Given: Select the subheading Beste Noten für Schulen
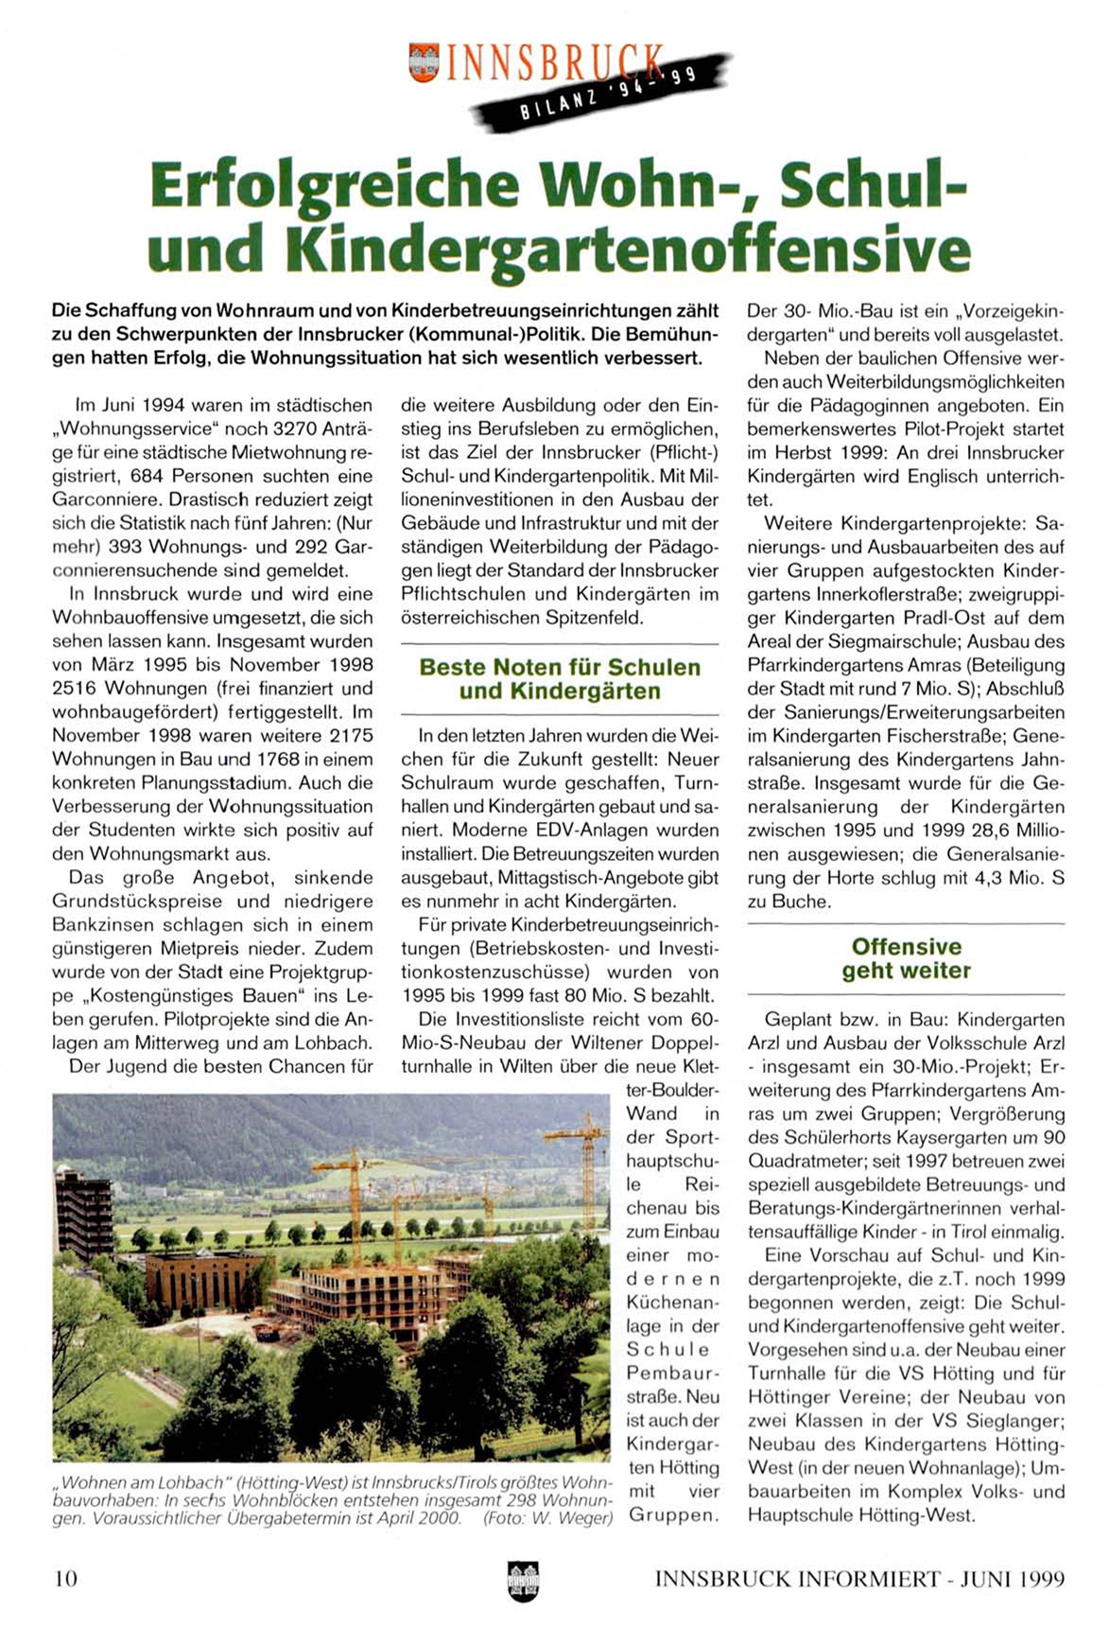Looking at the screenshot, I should click(560, 667).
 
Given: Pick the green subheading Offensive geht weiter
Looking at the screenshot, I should click(906, 958).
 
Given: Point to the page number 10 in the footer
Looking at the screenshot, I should click(65, 1578).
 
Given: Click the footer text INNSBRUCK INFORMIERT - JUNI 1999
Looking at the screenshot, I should click(858, 1578).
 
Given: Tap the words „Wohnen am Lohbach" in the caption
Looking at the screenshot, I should click(141, 1481).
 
